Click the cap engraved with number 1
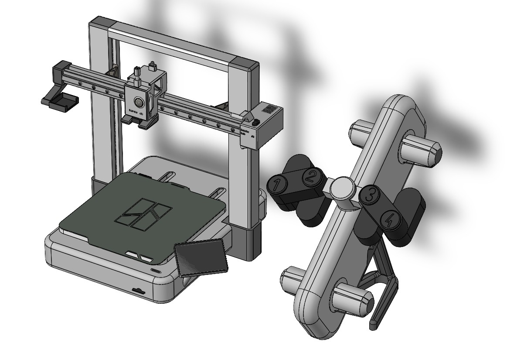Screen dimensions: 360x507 point(276,185)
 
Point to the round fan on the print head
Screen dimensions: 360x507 point(138,103)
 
